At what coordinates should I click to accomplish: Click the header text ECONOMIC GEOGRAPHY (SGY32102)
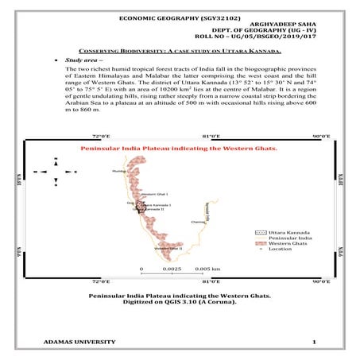[x=180, y=17]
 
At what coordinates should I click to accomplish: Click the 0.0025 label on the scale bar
[x=171, y=269]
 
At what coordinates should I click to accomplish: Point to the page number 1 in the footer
[x=315, y=342]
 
